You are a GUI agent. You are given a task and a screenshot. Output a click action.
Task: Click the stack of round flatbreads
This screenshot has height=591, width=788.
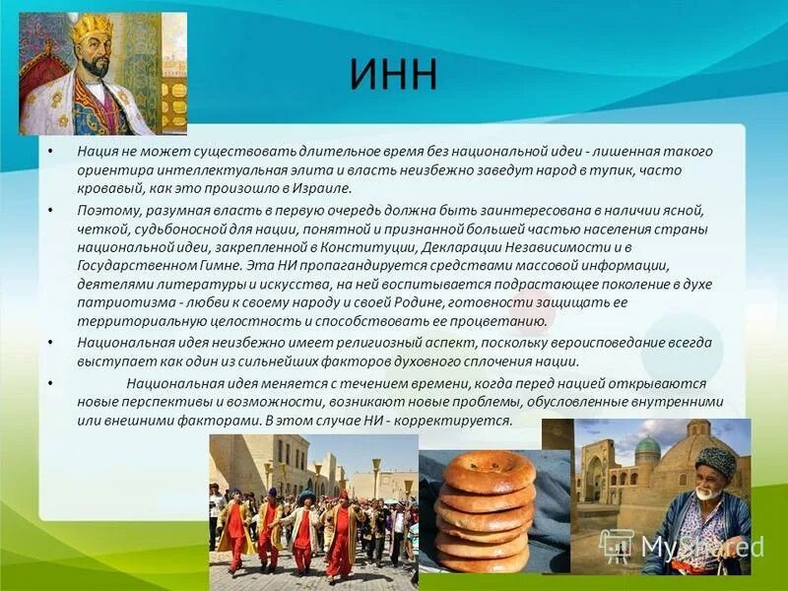486,512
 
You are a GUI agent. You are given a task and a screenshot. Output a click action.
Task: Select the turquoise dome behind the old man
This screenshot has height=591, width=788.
647,446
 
